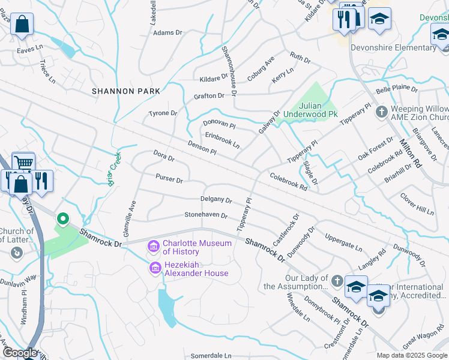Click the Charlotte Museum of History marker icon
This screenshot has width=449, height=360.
click(153, 245)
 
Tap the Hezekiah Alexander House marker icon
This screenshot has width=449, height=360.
click(155, 268)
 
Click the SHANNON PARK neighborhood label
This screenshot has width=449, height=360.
click(126, 91)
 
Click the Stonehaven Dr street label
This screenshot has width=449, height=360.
click(206, 215)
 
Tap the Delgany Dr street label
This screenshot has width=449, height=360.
click(216, 199)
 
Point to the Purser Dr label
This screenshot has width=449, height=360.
click(169, 179)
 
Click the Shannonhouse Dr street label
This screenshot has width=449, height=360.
click(230, 70)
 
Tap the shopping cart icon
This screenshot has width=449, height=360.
click(23, 163)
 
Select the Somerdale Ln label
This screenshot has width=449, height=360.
click(211, 356)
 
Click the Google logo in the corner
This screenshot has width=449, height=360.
click(20, 353)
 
